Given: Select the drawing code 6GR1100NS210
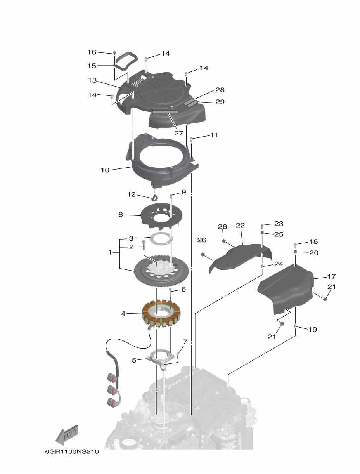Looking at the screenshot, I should pos(72,452).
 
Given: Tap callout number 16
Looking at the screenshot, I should pos(92,52).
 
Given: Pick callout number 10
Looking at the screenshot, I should pos(105,170).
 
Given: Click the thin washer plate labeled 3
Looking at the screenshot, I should pos(160,238).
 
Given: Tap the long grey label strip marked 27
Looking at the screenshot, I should pos(165,111).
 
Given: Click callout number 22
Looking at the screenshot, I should pos(240,226).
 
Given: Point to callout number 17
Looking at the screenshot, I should pos(331,277).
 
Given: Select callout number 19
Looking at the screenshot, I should pos(312,330).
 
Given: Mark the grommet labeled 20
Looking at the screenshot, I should pos(295,252).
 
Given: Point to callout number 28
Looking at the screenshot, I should pos(220,90).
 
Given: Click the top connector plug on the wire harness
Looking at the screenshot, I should pos(111,378).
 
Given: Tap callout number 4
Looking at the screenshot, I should pos(123,313).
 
